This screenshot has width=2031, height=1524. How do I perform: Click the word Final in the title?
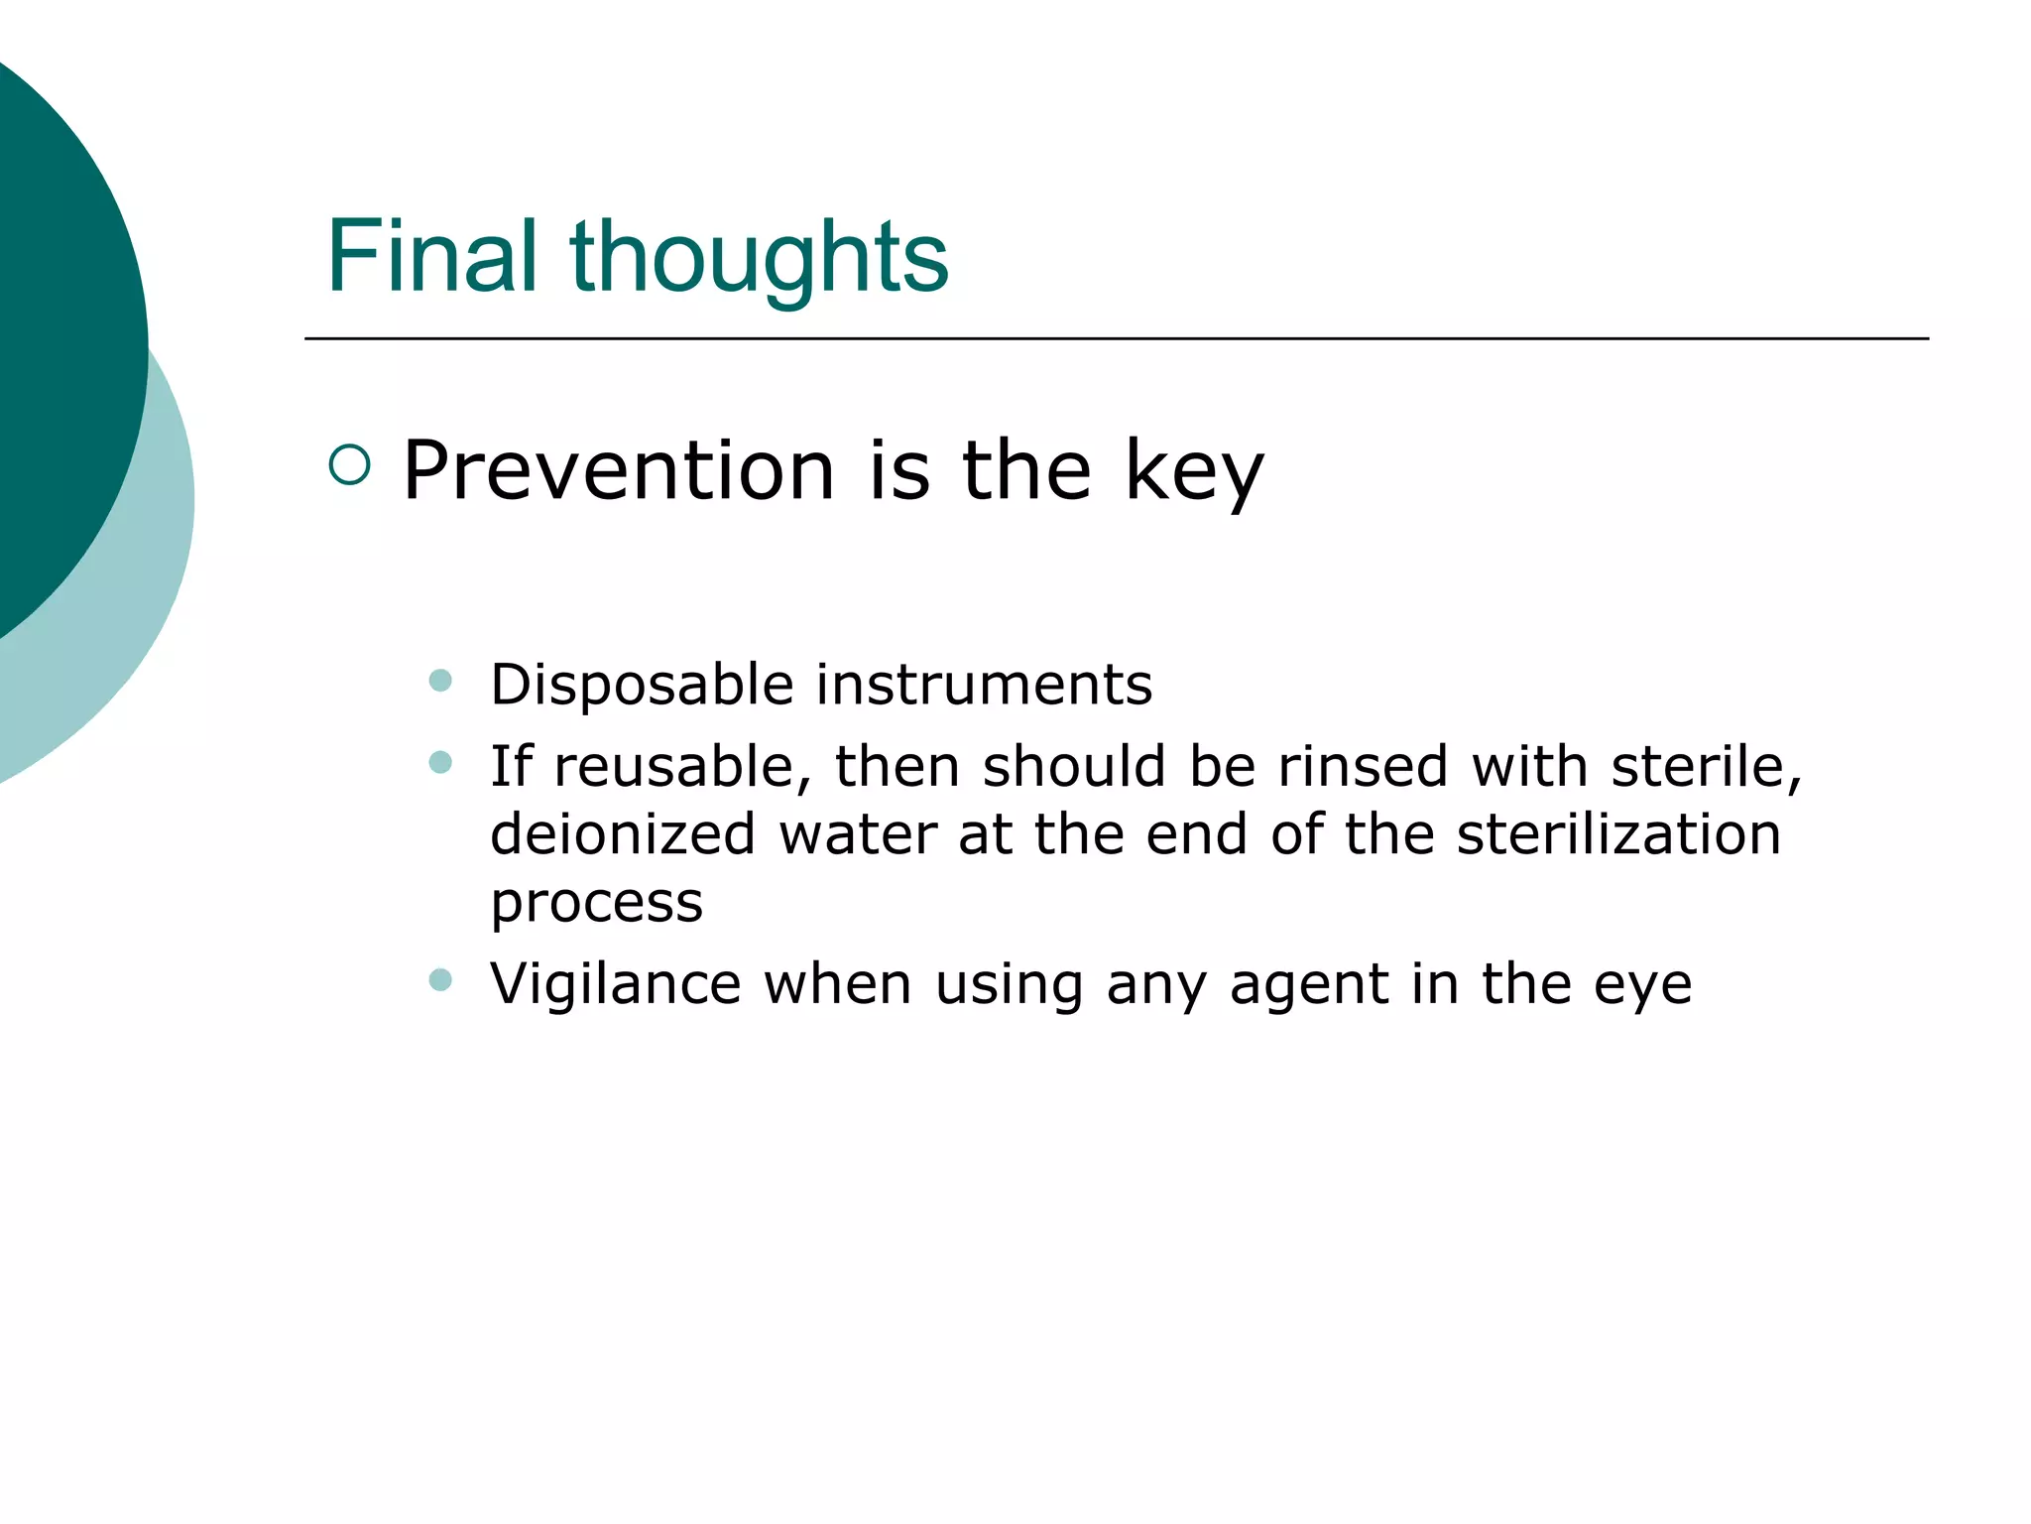point(431,257)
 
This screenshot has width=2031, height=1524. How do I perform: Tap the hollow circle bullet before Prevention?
point(349,464)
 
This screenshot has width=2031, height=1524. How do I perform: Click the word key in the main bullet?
point(1194,471)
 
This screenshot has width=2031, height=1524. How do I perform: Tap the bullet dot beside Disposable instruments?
point(440,681)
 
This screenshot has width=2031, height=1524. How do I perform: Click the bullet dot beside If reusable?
point(440,762)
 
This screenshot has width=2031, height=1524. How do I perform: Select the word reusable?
point(683,767)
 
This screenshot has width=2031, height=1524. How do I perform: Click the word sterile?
point(1706,767)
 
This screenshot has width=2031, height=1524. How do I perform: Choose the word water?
point(858,834)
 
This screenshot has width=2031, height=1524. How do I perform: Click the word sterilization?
point(1618,834)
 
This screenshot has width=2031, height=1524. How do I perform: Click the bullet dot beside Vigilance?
point(440,980)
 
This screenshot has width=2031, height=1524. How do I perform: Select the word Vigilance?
point(615,984)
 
